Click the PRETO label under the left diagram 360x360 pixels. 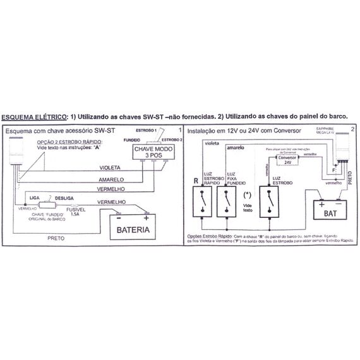[x=59, y=239]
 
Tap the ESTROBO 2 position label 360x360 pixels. [x=171, y=139]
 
